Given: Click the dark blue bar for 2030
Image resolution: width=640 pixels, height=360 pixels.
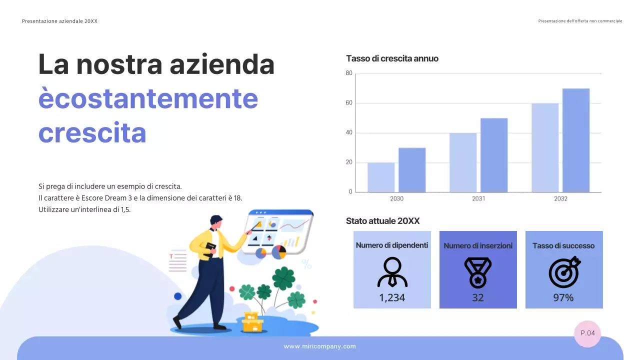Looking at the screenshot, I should point(412,170).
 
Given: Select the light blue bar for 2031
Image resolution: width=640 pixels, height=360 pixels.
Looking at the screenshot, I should point(463,162).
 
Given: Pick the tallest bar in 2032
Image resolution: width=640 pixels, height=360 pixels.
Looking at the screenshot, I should point(576,140).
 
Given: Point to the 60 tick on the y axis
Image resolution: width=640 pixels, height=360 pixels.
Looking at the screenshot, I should point(349,103).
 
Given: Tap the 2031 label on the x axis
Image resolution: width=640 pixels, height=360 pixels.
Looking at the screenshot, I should point(478,199).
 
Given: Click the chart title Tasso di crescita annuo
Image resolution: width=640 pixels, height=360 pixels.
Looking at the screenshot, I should point(392,58).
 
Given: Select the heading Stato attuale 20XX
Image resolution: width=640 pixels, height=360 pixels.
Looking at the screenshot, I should point(383,221).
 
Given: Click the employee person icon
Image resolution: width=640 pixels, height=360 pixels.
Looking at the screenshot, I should point(392,272).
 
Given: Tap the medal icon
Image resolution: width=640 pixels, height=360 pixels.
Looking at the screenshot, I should point(478,272).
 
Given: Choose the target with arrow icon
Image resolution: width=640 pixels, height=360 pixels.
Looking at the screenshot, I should point(564,272).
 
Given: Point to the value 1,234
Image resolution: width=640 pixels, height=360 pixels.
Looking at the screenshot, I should point(392,298).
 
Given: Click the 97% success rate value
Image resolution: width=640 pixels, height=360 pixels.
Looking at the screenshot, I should point(563,298).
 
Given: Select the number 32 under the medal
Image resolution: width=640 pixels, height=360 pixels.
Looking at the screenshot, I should point(478,298).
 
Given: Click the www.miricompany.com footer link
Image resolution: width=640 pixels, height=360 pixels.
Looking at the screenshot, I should point(320,346).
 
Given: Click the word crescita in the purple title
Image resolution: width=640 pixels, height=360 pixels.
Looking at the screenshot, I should point(92,133).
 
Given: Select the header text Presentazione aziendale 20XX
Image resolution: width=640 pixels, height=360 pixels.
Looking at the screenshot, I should point(60,21).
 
